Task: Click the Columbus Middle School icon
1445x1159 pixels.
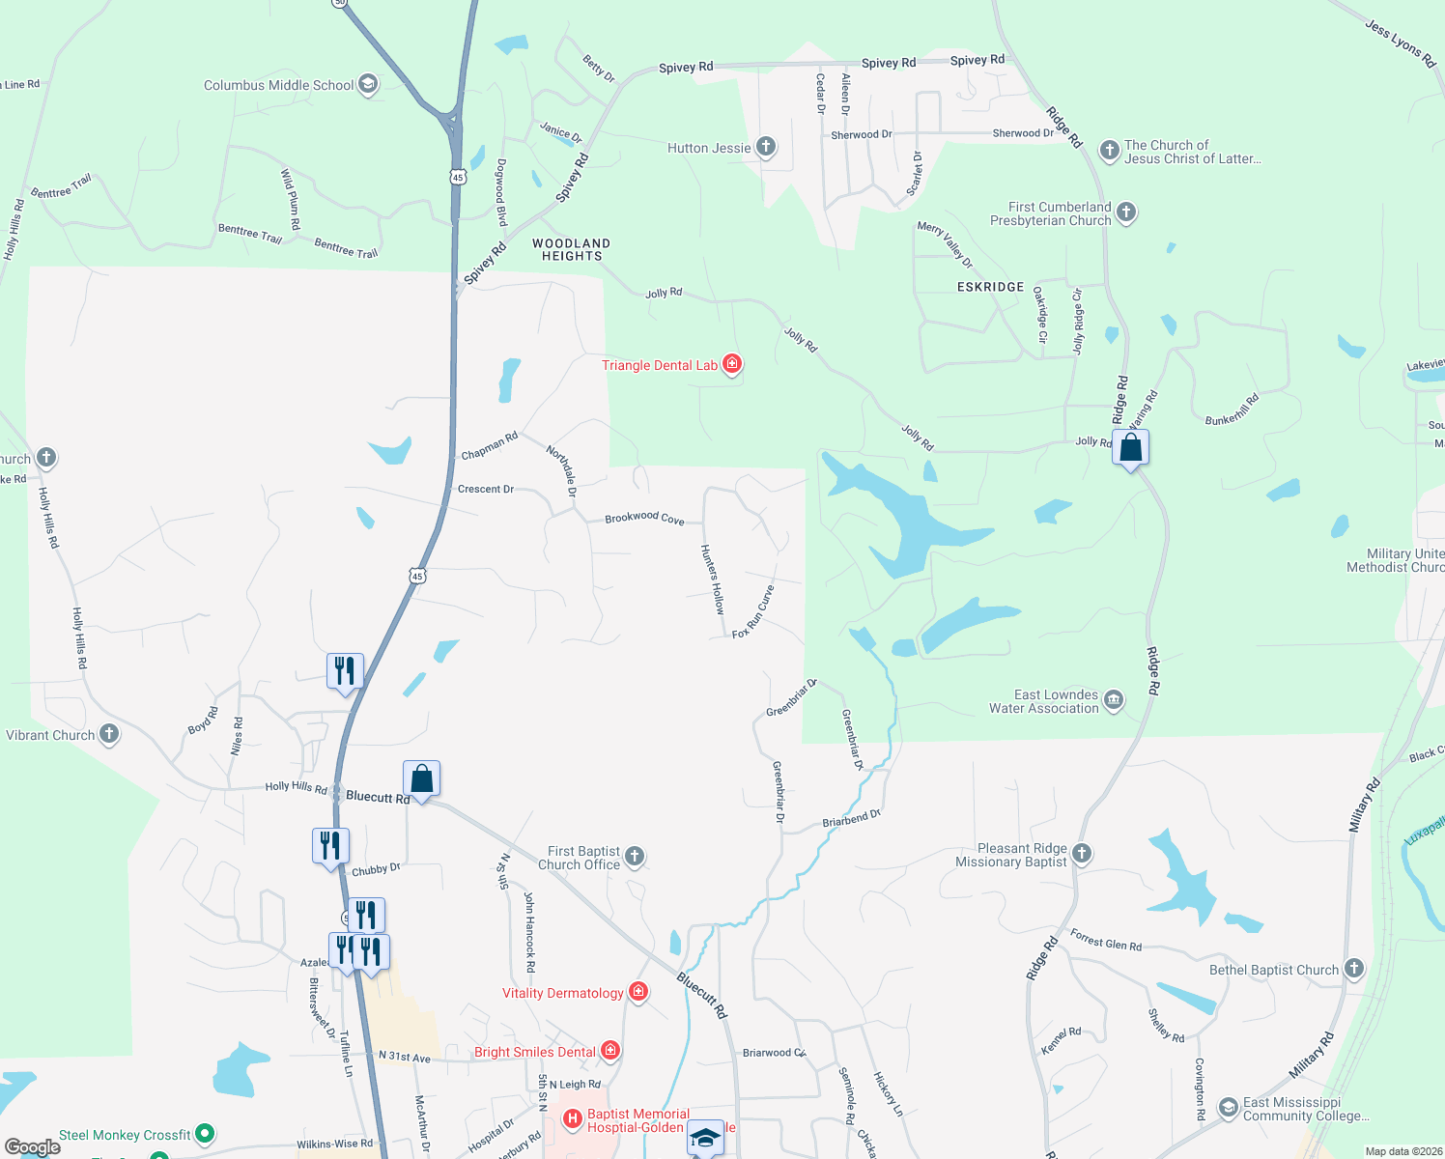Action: tap(367, 84)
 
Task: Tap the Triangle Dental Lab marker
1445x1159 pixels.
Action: tap(732, 364)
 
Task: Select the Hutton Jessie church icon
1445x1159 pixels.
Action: tap(765, 147)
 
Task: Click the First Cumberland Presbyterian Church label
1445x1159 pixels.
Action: tap(1051, 213)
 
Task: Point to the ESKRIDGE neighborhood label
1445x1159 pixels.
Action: tap(990, 287)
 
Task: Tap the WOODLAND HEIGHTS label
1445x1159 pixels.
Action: tap(571, 250)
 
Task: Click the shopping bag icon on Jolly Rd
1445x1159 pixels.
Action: tap(1130, 448)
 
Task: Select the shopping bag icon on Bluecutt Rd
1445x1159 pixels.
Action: tap(421, 777)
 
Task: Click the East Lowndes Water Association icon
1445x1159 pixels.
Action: tap(1113, 700)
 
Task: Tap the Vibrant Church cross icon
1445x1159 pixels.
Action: tap(109, 734)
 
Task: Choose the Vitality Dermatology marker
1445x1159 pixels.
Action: tap(637, 992)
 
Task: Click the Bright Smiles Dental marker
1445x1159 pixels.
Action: tap(609, 1051)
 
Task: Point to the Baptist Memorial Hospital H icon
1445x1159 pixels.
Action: tap(573, 1119)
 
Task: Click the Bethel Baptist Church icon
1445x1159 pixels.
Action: tap(1354, 969)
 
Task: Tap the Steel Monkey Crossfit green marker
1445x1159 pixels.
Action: tap(204, 1133)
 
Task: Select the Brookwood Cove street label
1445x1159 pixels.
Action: tap(644, 519)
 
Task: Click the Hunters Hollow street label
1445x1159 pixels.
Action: tap(712, 579)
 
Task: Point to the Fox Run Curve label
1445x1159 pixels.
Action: tap(753, 612)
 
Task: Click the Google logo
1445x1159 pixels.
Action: tap(33, 1147)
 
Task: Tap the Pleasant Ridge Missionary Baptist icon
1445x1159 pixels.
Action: tap(1082, 853)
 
